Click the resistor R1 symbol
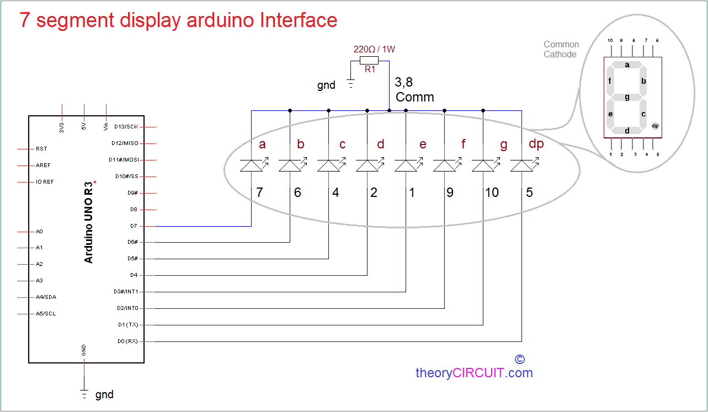[369, 60]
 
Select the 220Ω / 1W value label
[374, 49]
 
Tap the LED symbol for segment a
[252, 165]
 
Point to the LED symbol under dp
[522, 165]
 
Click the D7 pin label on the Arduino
[134, 226]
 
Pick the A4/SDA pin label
[46, 297]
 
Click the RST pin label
[41, 149]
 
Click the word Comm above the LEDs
[414, 97]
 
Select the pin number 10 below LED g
[492, 192]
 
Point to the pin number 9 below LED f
[450, 192]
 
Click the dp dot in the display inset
[655, 126]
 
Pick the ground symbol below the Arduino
[84, 393]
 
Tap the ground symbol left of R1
[350, 84]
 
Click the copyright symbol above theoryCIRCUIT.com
[519, 359]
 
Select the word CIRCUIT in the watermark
[478, 373]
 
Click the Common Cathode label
[561, 49]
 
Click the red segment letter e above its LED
[423, 145]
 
